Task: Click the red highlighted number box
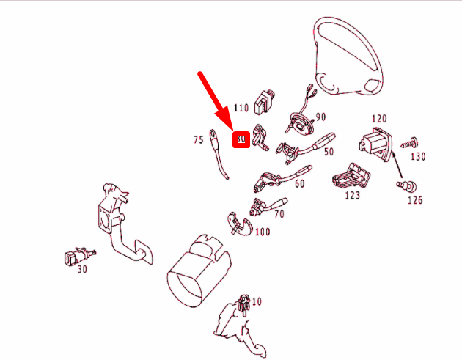click(241, 139)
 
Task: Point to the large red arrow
click(219, 102)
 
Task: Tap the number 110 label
click(241, 106)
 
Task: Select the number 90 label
click(320, 117)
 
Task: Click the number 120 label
click(378, 118)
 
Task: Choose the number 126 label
click(415, 199)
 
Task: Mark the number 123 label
click(352, 196)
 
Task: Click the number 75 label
click(198, 139)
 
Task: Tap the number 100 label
click(262, 232)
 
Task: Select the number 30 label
click(81, 269)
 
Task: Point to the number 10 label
click(256, 301)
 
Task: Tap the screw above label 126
click(402, 184)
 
